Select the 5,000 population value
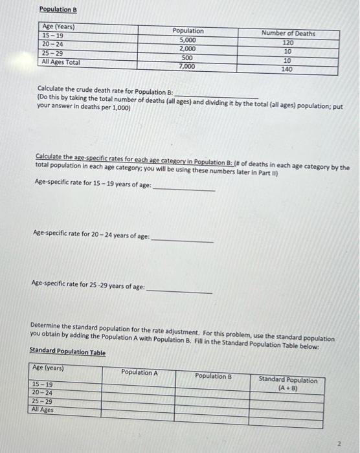188,40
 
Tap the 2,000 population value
188,49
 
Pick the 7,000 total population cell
186,66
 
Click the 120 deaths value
288,42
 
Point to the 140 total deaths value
287,68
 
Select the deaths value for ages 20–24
287,50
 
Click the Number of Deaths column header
288,33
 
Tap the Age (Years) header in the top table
58,27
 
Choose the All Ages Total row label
62,62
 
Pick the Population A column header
139,372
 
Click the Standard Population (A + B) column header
288,384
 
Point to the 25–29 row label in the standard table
42,401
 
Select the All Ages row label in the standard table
43,410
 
